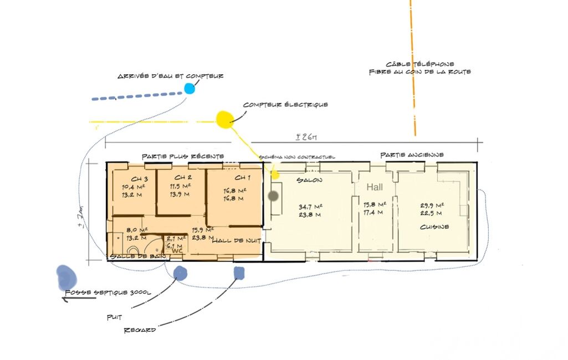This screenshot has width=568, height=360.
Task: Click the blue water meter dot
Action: (x=190, y=88)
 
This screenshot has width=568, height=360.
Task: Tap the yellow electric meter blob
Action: (x=224, y=119)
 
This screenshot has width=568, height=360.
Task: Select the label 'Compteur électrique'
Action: (x=285, y=104)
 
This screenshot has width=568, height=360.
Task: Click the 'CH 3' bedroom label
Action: (x=139, y=179)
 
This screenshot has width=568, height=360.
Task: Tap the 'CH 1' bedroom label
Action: (x=242, y=177)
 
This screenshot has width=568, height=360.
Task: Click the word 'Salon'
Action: (x=309, y=181)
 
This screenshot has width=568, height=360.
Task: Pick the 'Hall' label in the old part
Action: (x=374, y=187)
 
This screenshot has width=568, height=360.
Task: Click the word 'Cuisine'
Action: (x=434, y=227)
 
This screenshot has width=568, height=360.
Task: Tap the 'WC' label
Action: (x=177, y=250)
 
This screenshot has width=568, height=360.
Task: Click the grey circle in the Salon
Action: (x=273, y=196)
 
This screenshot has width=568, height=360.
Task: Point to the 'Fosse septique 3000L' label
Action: (x=108, y=292)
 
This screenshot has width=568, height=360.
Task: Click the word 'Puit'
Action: (x=115, y=317)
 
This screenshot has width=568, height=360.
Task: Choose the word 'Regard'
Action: (x=140, y=330)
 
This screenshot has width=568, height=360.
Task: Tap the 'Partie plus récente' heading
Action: (x=182, y=156)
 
